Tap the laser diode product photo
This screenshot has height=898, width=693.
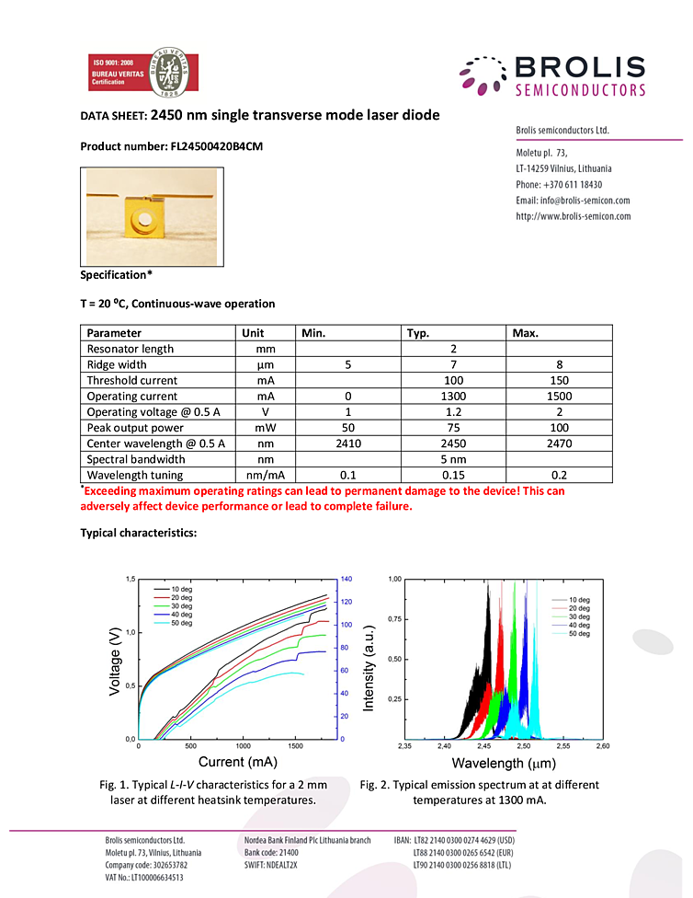(x=149, y=217)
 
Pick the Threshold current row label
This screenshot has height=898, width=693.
(x=132, y=380)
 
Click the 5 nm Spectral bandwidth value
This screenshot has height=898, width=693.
(x=453, y=459)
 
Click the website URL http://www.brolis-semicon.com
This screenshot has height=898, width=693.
(x=574, y=216)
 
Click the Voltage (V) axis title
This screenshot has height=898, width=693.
(x=115, y=660)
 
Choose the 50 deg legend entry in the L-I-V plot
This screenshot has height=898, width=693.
(x=181, y=623)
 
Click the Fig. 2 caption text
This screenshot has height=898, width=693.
(x=479, y=792)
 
